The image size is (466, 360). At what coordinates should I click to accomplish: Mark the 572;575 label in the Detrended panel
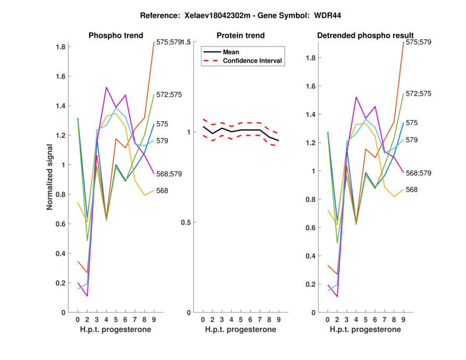420,93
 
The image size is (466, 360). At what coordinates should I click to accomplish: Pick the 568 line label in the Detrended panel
412,190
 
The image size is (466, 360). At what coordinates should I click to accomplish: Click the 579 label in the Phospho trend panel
163,140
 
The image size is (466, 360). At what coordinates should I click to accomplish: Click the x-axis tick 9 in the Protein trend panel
279,319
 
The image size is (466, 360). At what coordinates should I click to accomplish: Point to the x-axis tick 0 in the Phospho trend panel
77,319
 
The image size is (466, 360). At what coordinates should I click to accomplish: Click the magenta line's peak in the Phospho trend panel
106,87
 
